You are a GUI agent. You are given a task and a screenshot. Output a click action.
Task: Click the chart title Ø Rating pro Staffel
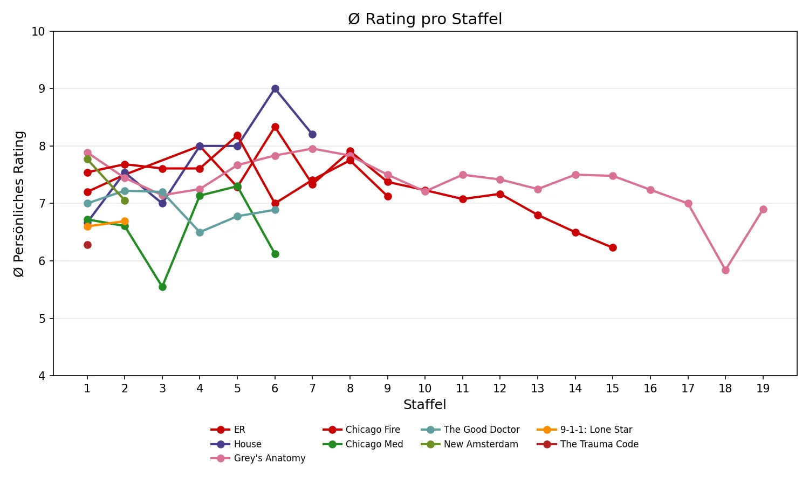click(x=425, y=19)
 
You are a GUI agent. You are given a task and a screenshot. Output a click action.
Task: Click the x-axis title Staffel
click(x=425, y=405)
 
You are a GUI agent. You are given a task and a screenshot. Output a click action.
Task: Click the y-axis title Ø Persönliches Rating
click(x=19, y=204)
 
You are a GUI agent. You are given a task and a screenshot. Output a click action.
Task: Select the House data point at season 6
click(x=275, y=88)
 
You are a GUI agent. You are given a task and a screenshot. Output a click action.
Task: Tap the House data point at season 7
click(x=312, y=134)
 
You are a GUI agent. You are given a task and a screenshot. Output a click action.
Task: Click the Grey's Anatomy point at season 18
click(x=725, y=270)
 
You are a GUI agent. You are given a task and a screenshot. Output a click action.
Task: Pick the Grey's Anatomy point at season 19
click(x=763, y=209)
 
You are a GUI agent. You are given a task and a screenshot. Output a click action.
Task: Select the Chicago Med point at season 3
click(x=162, y=287)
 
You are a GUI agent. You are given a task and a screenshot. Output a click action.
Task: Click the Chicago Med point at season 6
click(x=275, y=254)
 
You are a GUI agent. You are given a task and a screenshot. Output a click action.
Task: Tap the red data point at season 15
click(x=613, y=247)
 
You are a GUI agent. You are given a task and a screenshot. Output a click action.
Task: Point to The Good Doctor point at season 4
click(x=200, y=232)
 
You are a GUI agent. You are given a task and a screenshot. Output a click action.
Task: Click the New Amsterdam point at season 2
click(x=125, y=201)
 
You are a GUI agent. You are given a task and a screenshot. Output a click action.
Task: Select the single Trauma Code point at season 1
click(x=87, y=245)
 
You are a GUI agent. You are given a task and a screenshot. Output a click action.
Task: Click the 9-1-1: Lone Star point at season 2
click(x=125, y=221)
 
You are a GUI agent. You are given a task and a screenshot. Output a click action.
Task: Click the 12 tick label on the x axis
click(x=500, y=389)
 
